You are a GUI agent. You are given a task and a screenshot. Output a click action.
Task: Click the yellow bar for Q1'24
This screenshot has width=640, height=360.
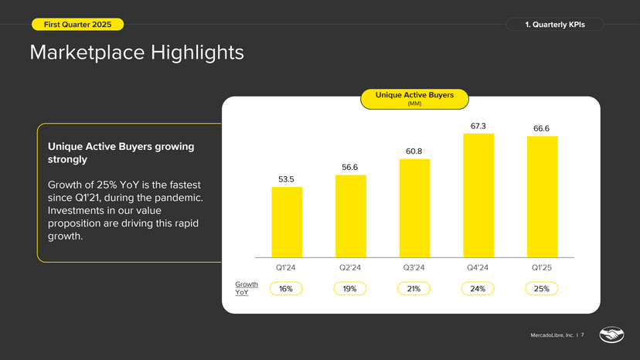(287, 222)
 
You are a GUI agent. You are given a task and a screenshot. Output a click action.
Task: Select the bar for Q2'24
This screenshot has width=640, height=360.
(351, 216)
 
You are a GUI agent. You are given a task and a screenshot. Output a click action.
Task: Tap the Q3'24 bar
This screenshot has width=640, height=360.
(414, 209)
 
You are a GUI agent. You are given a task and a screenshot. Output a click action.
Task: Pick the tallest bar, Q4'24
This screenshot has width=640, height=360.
(478, 195)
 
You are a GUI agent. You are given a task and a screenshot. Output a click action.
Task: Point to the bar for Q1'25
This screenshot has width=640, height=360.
(542, 197)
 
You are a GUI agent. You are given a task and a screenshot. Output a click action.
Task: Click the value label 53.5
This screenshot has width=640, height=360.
(287, 179)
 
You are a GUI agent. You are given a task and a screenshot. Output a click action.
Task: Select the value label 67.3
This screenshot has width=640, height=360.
(478, 125)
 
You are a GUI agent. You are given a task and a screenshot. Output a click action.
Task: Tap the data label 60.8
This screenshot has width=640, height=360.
(414, 151)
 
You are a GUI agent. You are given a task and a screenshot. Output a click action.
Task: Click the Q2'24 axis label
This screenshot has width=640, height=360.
(351, 268)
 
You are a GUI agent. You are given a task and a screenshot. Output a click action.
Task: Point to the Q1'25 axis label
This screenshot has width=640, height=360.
(542, 268)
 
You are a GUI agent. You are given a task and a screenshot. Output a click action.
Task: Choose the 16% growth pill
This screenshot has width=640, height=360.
(286, 288)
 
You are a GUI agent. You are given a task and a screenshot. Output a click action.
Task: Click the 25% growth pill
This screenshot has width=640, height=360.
(542, 288)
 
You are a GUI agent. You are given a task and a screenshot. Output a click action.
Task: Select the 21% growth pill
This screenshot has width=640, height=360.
(414, 288)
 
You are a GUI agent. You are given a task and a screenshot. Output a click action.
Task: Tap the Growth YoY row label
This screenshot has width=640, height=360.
(242, 289)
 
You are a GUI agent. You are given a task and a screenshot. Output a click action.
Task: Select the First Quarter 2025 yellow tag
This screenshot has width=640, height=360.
(77, 25)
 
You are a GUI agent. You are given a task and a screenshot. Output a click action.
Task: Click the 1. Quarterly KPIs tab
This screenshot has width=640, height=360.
(555, 25)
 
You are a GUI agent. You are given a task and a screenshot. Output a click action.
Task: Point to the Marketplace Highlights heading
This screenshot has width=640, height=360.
(137, 53)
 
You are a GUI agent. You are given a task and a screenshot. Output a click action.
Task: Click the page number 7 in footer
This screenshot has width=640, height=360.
(582, 335)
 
